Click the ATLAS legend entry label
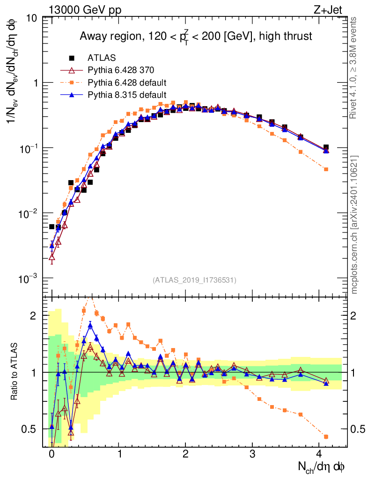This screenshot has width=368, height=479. [x=102, y=58]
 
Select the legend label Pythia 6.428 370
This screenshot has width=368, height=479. [x=121, y=71]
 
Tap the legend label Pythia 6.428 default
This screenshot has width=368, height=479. [x=127, y=83]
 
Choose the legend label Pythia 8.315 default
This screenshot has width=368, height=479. [x=127, y=95]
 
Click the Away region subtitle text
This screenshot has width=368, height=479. [x=196, y=36]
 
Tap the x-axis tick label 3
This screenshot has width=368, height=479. [x=253, y=454]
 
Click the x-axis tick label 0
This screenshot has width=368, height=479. [x=52, y=454]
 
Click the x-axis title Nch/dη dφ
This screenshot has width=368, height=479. [x=323, y=467]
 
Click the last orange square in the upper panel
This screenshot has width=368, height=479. [x=326, y=169]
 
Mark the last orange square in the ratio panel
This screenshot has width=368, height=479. [x=326, y=436]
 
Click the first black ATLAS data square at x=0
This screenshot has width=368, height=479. [x=52, y=227]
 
